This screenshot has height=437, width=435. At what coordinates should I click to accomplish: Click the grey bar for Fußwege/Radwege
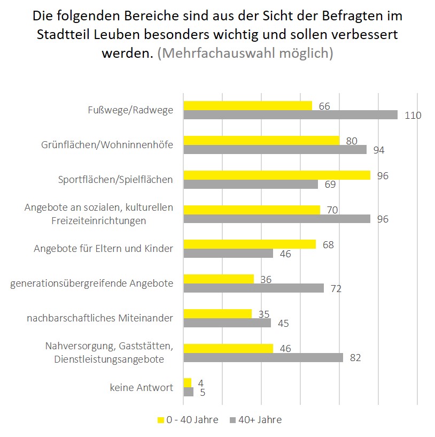(290, 115)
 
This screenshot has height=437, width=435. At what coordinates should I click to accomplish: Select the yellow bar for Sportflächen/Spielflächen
(277, 175)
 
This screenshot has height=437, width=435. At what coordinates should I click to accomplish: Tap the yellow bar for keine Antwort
(187, 382)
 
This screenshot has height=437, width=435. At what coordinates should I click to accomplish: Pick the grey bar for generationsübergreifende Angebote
(253, 288)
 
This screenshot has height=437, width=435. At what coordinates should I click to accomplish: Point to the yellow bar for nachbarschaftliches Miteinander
(217, 313)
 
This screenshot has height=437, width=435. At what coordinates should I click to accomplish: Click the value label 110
(413, 116)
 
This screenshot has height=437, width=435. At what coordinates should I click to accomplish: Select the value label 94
(379, 150)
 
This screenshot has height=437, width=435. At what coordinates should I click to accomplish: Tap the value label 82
(355, 358)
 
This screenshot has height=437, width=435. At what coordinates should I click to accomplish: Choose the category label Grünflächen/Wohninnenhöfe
(107, 145)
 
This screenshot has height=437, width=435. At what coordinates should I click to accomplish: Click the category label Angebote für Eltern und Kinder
(103, 249)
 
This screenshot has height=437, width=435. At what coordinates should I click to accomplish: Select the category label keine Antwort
(142, 387)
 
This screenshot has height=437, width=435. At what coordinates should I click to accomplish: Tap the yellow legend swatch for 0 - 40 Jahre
(160, 420)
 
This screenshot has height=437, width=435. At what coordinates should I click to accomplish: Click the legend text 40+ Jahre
(261, 420)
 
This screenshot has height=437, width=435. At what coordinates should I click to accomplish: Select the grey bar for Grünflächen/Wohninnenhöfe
(275, 150)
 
